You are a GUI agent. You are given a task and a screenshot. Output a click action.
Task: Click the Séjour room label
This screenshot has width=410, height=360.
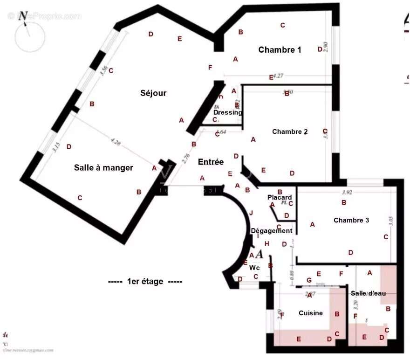tap(153, 93)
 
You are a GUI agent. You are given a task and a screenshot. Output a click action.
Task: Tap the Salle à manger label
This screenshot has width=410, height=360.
tap(103, 167)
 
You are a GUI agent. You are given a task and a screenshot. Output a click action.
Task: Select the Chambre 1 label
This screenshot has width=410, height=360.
tap(280, 50)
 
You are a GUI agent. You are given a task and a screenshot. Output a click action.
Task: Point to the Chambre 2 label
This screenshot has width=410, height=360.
tap(290, 132)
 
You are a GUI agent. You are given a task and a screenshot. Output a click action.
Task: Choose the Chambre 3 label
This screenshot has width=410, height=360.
tap(351, 220)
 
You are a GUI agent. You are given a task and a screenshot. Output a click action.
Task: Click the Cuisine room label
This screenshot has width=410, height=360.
tap(311, 313)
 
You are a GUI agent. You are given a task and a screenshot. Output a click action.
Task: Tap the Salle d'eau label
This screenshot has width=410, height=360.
tap(368, 293)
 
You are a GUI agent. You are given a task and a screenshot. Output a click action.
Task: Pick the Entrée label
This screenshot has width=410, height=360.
tap(211, 162)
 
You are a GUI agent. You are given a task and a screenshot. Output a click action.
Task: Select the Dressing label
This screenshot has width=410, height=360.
tap(228, 112)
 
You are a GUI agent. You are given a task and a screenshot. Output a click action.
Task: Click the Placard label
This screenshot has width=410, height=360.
tap(280, 197)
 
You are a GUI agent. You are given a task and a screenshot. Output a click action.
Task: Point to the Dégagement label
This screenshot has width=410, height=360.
tap(272, 230)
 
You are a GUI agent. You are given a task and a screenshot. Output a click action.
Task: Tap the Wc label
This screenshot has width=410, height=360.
tap(254, 268)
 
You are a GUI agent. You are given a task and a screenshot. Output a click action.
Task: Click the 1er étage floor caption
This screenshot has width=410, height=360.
tap(145, 281)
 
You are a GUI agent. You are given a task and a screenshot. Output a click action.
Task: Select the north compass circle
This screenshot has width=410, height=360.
tap(29, 36)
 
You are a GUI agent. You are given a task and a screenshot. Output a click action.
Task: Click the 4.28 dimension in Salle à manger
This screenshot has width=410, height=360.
tap(115, 143)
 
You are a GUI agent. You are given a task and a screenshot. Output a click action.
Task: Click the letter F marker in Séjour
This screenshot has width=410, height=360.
tap(210, 68)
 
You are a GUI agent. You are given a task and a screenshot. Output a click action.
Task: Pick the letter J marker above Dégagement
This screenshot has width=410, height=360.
tap(251, 213)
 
